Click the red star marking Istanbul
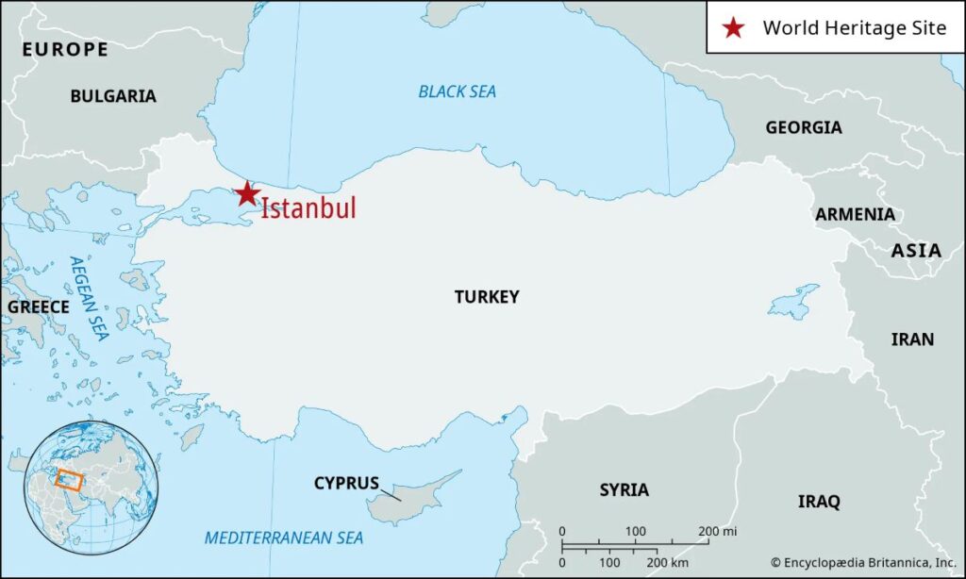[247, 194]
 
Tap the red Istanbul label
[308, 208]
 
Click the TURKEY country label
[487, 297]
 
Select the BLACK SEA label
[458, 91]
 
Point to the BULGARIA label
[113, 96]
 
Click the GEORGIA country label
[804, 127]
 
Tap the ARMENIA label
[856, 214]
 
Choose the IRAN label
[912, 339]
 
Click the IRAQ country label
[819, 502]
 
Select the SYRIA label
[625, 489]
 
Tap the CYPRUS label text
[346, 484]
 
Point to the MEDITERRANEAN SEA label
[284, 538]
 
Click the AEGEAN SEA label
[89, 298]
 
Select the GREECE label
[39, 307]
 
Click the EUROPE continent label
[65, 49]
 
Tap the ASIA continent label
[917, 251]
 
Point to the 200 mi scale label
[717, 532]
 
